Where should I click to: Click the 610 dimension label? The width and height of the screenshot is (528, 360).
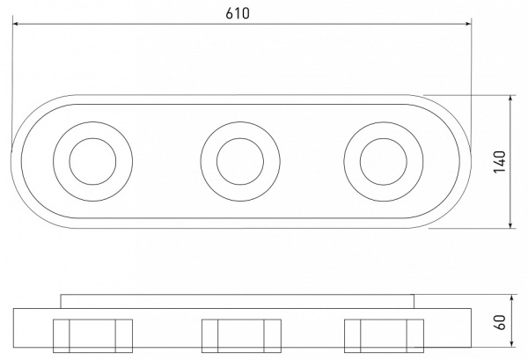[238, 13]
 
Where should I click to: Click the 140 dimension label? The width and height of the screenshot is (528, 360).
[500, 162]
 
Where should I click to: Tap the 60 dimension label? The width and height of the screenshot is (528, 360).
[500, 322]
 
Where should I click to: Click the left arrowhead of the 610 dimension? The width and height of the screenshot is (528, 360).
[16, 24]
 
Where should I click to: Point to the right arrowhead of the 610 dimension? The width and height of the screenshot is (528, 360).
[468, 24]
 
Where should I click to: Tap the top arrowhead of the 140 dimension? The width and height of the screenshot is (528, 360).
[510, 99]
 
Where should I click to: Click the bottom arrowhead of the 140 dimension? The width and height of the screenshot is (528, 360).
[510, 225]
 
